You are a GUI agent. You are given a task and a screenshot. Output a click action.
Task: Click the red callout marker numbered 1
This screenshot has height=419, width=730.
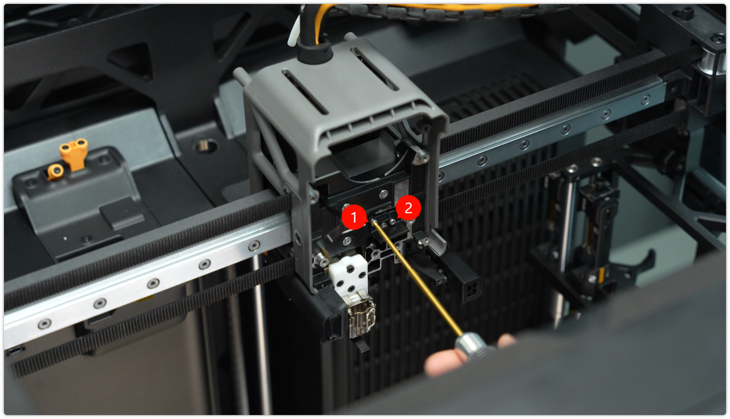(354, 217)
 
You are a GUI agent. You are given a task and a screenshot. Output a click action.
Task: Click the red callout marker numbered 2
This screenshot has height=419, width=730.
(408, 208)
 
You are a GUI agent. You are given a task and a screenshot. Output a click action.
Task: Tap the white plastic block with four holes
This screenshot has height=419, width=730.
(348, 275)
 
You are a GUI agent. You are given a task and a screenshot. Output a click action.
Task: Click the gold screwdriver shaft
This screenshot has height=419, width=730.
(418, 277)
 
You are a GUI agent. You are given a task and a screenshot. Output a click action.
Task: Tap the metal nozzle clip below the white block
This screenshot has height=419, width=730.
(362, 316)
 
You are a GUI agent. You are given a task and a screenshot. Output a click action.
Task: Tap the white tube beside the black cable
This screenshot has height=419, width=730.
(294, 31)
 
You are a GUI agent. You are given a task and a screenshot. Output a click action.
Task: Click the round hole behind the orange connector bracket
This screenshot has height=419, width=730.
(206, 146)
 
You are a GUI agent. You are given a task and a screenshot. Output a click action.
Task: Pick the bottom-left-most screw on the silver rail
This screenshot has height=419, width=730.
(44, 324)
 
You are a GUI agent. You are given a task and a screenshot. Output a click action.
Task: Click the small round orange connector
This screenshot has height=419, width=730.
(55, 171)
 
